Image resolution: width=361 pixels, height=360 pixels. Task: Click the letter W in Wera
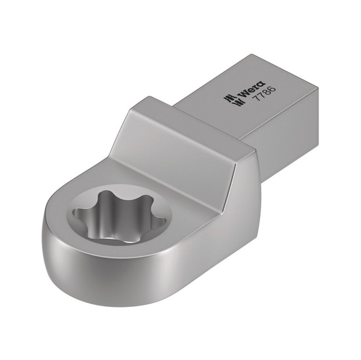tap(239, 93)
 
